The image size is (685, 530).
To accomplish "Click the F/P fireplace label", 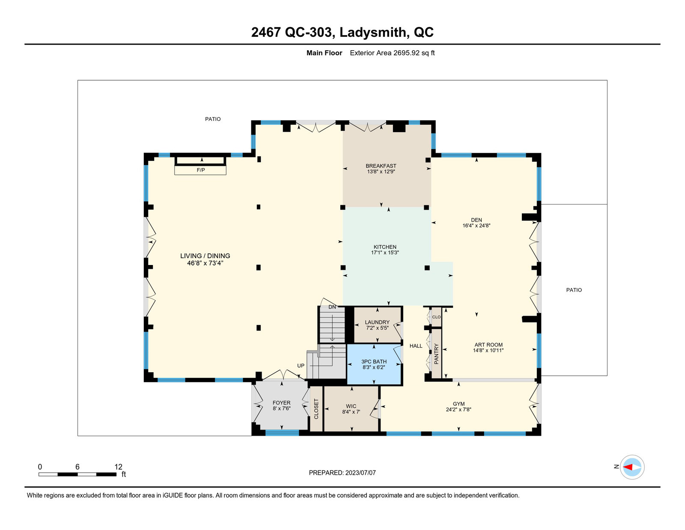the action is click(200, 170).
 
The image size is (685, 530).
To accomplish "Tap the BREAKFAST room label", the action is click(381, 166).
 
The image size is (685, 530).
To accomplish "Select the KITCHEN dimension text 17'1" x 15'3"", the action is click(385, 253).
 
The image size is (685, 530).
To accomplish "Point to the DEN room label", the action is click(477, 220).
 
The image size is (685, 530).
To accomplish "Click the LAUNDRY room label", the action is click(377, 322).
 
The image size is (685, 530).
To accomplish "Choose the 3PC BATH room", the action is click(374, 364).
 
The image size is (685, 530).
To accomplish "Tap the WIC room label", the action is click(351, 406).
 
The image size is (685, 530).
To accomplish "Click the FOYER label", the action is click(282, 403).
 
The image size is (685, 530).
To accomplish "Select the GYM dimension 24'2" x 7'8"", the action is click(459, 410).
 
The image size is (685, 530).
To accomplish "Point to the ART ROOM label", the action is click(488, 345).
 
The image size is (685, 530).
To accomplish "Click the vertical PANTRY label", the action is click(436, 354).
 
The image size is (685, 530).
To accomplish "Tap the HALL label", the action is click(416, 346).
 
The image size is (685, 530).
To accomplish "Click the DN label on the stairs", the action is click(332, 307).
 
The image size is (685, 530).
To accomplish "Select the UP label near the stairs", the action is click(301, 365).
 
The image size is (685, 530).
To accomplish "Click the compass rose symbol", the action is click(632, 467).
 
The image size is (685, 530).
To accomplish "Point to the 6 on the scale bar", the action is click(77, 467).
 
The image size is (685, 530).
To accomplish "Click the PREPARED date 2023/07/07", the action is click(360, 473).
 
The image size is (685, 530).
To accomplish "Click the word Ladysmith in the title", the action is click(373, 32).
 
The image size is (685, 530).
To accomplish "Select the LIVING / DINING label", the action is click(205, 256).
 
